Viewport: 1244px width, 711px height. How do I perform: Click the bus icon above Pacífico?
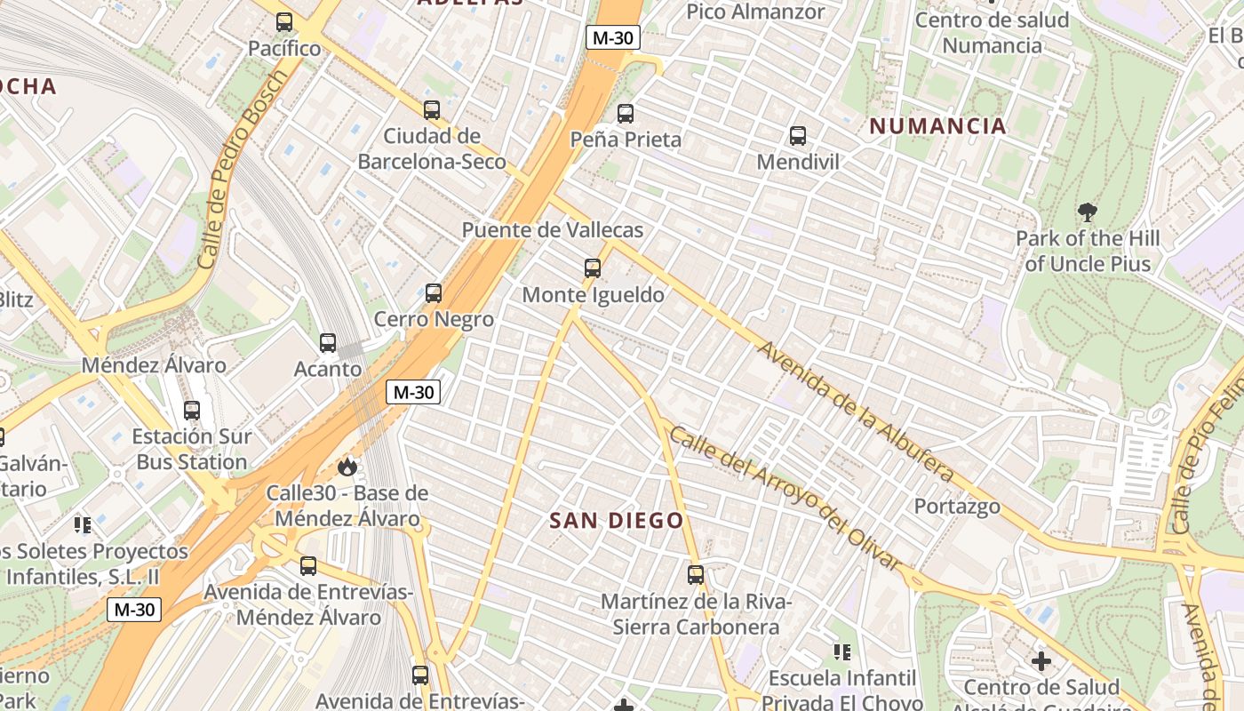284,22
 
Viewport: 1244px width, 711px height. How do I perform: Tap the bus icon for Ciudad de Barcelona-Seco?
432,110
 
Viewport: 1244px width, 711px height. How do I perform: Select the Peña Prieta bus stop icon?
626,114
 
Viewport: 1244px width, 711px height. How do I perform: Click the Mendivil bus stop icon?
798,136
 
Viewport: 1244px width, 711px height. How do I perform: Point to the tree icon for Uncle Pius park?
1087,212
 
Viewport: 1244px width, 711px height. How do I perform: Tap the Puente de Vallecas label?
552,230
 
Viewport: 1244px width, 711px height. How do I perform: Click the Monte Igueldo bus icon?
593,268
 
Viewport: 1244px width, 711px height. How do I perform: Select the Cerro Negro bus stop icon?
434,292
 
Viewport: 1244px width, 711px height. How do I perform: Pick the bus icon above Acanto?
328,342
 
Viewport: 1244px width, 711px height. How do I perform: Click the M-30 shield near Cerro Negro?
413,392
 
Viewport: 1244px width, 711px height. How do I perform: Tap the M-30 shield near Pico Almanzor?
613,37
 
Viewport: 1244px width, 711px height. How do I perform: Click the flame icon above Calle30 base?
347,466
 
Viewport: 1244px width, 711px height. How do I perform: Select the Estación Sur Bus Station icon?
192,411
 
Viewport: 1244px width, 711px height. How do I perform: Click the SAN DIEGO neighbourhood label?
617,521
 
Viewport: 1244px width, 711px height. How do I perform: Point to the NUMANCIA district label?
937,126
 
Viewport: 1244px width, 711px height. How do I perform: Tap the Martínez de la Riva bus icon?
696,575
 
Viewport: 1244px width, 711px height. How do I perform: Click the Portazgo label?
958,507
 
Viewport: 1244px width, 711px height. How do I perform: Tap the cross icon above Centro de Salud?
1041,661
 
